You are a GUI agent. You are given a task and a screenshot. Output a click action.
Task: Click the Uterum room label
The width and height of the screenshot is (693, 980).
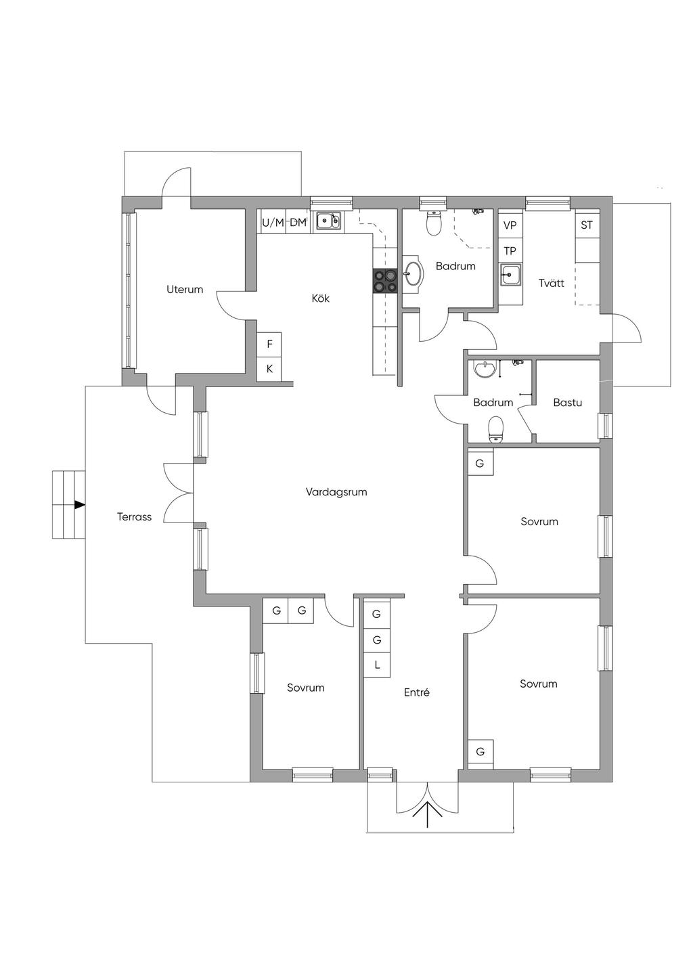185,289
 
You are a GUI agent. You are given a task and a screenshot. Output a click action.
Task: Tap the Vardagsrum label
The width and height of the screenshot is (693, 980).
336,492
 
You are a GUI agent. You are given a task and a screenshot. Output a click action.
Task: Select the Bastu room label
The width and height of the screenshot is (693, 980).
567,402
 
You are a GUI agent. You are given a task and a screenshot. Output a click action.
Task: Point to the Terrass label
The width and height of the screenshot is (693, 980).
134,516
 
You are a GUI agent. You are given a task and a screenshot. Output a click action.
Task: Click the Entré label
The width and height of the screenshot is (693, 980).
417,692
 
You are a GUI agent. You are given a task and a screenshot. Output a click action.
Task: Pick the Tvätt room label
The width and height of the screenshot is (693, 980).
552,283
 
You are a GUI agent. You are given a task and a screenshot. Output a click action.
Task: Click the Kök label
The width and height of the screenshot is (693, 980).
321,298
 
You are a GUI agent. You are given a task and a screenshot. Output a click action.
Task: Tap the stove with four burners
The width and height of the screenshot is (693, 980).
385,280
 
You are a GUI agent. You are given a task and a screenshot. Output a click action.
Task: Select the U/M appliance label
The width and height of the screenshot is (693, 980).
273,223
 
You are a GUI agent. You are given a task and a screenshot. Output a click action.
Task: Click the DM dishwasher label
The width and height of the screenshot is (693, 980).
298,223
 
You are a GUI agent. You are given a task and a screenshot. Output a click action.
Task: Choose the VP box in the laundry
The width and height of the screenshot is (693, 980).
510,225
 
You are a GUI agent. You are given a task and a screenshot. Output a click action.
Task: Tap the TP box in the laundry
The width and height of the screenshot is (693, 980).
510,250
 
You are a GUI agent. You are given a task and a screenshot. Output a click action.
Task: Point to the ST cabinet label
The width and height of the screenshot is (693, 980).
587,225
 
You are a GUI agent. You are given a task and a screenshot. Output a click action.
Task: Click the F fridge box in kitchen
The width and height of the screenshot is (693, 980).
269,344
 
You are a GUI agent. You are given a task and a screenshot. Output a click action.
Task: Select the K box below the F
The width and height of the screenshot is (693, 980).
269,369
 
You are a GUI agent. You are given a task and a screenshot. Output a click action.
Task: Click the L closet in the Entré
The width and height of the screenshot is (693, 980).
377,665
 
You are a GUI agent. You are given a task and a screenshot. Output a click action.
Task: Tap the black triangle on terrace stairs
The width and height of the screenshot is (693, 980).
79,505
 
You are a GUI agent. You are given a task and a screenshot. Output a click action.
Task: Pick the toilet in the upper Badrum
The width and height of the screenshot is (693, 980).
433,223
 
